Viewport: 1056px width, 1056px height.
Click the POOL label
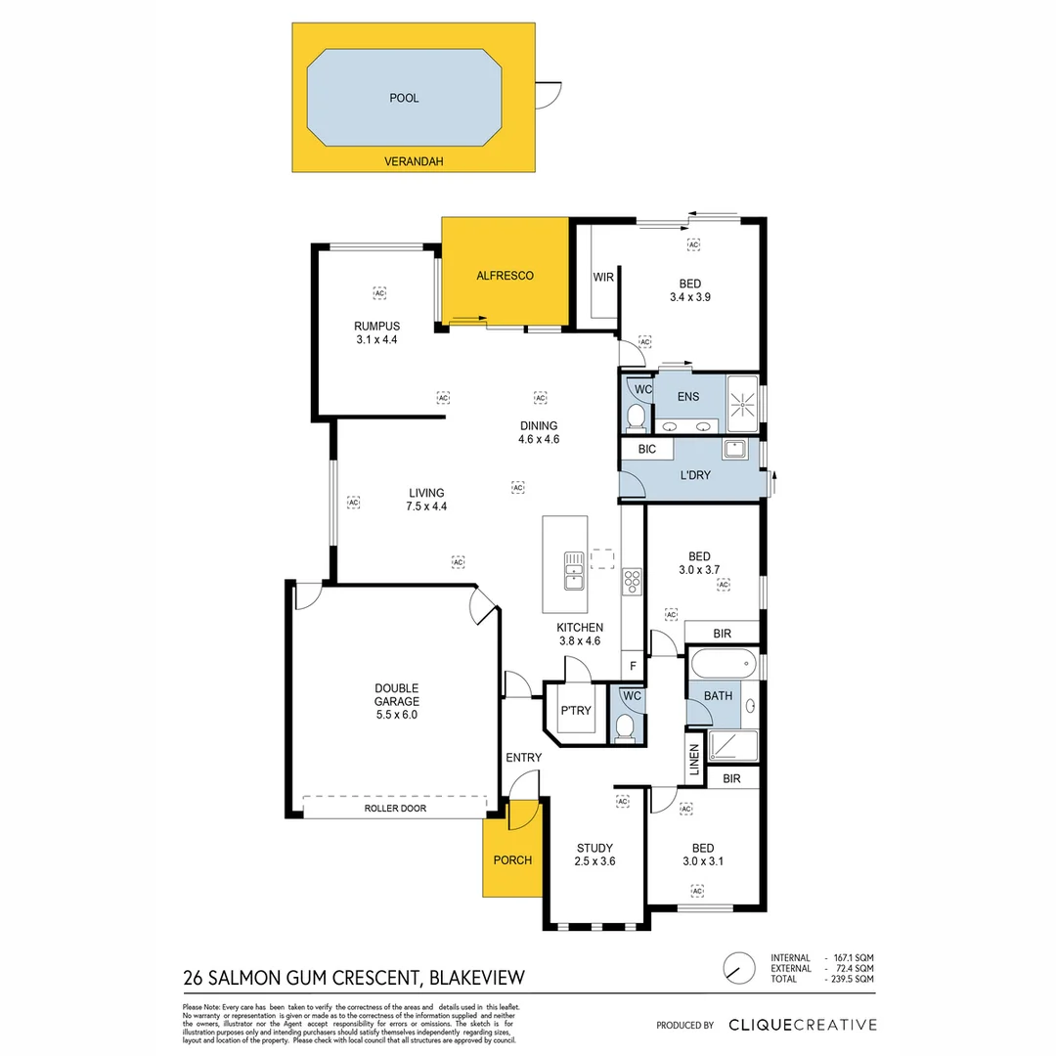pyautogui.click(x=404, y=98)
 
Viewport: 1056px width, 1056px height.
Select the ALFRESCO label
pyautogui.click(x=505, y=276)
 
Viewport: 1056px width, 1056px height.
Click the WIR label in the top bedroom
pyautogui.click(x=603, y=278)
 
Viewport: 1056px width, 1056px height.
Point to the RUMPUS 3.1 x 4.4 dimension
pyautogui.click(x=376, y=340)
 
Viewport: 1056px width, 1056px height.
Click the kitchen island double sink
pyautogui.click(x=573, y=570)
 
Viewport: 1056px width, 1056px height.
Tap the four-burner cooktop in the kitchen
pyautogui.click(x=632, y=581)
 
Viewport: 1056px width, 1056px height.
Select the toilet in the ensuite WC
pyautogui.click(x=636, y=418)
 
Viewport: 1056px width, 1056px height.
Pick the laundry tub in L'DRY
pyautogui.click(x=734, y=450)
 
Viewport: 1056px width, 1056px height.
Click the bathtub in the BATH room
pyautogui.click(x=723, y=666)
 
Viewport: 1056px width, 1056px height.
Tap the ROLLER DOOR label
pyautogui.click(x=395, y=809)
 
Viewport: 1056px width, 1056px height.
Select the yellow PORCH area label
pyautogui.click(x=512, y=859)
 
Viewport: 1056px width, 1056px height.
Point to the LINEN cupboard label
pyautogui.click(x=694, y=762)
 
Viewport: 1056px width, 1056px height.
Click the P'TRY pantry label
pyautogui.click(x=575, y=711)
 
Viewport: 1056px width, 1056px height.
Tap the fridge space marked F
pyautogui.click(x=634, y=667)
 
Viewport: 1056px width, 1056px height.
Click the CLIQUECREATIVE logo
pyautogui.click(x=802, y=1025)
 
